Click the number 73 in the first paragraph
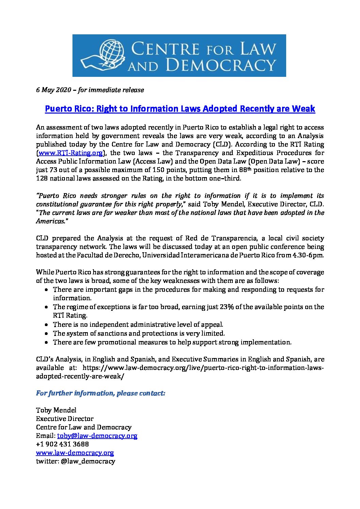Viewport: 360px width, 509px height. [52, 170]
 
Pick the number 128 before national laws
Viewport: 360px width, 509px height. [42, 179]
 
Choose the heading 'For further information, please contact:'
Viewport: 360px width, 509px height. [101, 393]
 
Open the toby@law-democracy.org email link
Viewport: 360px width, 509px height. [97, 436]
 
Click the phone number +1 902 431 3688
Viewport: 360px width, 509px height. [63, 444]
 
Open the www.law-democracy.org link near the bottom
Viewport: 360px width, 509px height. [75, 453]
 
